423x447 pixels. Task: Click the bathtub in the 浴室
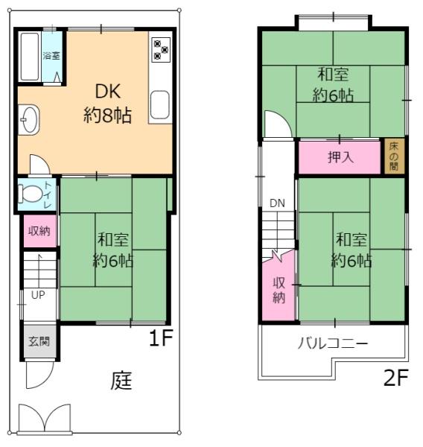[x=30, y=57]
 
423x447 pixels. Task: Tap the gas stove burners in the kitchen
[x=162, y=50]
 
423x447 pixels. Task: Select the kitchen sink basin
[x=160, y=104]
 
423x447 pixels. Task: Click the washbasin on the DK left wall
[x=29, y=119]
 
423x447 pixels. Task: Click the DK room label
[x=108, y=91]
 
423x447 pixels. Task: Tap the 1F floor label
[x=161, y=337]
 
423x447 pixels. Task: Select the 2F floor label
[x=396, y=378]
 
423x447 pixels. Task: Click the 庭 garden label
[x=121, y=381]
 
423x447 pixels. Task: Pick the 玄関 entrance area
[x=39, y=341]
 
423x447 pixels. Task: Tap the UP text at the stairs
[x=38, y=295]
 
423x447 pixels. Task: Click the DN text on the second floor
[x=277, y=203]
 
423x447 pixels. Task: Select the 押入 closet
[x=340, y=157]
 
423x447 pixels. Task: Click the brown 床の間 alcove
[x=394, y=156]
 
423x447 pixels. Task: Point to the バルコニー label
[x=333, y=343]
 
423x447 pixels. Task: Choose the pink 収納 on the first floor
[x=40, y=231]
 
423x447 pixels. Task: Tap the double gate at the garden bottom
[x=45, y=418]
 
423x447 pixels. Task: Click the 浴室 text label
[x=51, y=55]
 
